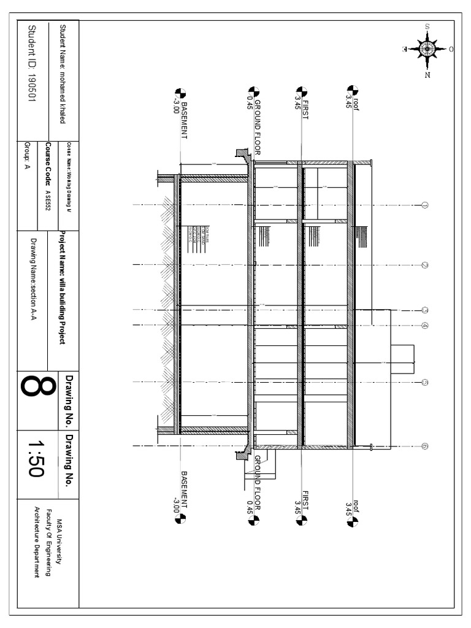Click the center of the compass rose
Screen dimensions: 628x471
point(427,48)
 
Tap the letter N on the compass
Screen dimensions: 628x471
point(427,75)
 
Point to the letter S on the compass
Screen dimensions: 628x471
point(427,26)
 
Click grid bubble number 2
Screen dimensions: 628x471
point(424,265)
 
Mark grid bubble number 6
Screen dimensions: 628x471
point(424,446)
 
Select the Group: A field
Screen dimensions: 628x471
point(27,156)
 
